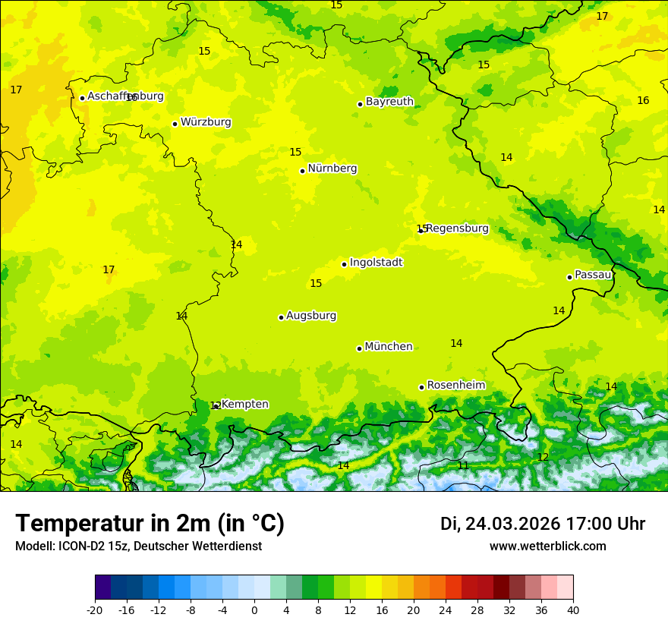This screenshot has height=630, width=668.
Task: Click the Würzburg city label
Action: [x=206, y=122]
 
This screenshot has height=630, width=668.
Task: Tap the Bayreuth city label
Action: [x=389, y=102]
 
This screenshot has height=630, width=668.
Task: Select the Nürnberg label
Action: [x=332, y=169]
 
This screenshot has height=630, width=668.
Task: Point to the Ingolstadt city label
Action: [x=376, y=263]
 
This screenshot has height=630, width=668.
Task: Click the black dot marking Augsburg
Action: [x=281, y=317]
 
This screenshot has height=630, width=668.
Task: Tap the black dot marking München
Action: [x=359, y=348]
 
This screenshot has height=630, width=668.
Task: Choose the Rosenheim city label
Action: [x=455, y=386]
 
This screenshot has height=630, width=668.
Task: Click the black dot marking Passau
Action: [x=569, y=277]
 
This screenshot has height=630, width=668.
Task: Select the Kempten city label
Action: [x=244, y=405]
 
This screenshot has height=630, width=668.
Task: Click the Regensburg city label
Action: [x=457, y=228]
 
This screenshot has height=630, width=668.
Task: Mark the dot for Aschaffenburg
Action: [x=82, y=98]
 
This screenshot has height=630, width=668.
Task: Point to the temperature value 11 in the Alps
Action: [x=463, y=465]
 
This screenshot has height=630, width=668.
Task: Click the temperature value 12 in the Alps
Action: [x=543, y=457]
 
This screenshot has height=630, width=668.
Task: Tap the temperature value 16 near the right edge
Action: [x=643, y=101]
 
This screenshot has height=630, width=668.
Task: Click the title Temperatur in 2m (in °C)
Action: [x=150, y=523]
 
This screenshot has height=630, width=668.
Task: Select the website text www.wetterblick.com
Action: [x=547, y=546]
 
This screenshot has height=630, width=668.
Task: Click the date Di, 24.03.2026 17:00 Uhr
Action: [x=542, y=524]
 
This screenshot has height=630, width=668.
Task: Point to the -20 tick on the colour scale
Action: [x=95, y=610]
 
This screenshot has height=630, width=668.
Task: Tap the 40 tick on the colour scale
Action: [x=573, y=610]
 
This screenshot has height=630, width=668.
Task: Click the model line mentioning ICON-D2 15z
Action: [x=138, y=546]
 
